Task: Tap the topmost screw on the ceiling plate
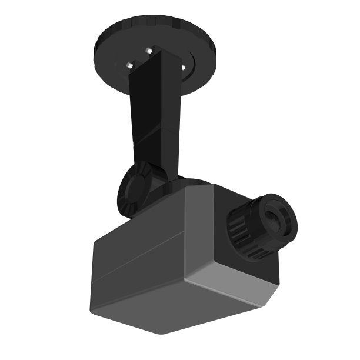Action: click(149, 51)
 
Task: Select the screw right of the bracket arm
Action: click(183, 67)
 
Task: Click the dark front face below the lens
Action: click(235, 265)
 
